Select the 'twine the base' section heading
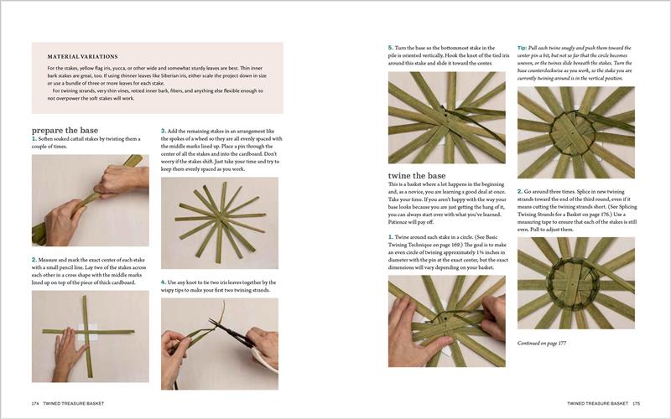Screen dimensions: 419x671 (x=417, y=173)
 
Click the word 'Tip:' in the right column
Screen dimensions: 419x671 (x=523, y=48)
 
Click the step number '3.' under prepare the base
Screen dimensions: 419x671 (x=164, y=131)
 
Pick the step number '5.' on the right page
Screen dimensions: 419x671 (x=391, y=48)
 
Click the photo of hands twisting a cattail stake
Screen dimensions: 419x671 (x=90, y=199)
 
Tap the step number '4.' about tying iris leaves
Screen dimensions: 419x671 (x=164, y=282)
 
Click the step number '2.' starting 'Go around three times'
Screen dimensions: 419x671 (x=521, y=190)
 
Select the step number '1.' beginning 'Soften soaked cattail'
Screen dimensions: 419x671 (x=34, y=139)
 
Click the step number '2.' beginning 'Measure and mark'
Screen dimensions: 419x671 (x=34, y=261)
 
